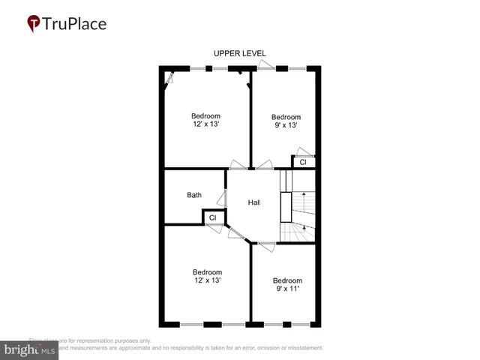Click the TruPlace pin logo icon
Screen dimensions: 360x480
pos(34,24)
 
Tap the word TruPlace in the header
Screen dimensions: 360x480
pos(75,24)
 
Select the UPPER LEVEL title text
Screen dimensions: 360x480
pos(239,53)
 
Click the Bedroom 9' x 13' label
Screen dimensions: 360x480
pos(286,121)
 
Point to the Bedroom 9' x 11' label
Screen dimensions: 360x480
pos(287,284)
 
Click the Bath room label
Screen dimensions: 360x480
pos(194,195)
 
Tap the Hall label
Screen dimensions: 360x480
pos(254,202)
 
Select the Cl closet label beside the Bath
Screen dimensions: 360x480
pos(212,217)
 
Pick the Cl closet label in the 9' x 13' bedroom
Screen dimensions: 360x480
pos(303,162)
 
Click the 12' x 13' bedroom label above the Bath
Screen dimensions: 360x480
pos(205,120)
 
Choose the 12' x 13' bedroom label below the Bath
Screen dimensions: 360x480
pos(207,276)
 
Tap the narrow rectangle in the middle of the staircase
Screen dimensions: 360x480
pos(286,207)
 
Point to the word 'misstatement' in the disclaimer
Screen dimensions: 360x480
pos(301,348)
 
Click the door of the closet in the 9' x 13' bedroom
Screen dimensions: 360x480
pos(304,152)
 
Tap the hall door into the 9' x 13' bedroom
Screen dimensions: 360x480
pos(263,165)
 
